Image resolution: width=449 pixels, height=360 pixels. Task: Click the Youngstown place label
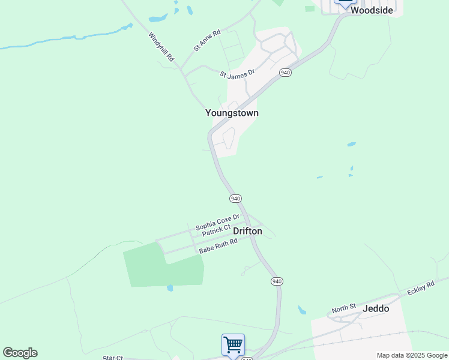(232, 113)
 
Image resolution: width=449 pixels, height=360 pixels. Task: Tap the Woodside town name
(372, 10)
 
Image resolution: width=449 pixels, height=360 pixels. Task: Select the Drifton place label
(247, 231)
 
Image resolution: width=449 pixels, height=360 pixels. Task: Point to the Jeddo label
(376, 308)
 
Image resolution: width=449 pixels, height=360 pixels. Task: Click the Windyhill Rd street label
(161, 47)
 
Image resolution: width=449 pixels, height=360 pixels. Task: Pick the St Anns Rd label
(207, 40)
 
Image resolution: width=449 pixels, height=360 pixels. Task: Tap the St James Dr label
(237, 75)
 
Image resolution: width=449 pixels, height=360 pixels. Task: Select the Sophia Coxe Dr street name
(217, 222)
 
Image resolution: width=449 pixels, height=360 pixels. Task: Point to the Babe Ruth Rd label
(218, 246)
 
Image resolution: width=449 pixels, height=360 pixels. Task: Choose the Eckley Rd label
(420, 288)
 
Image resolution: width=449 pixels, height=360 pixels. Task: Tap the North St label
(344, 309)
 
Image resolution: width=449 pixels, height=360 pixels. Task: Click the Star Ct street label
(112, 358)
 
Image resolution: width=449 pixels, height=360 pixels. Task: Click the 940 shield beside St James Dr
(285, 73)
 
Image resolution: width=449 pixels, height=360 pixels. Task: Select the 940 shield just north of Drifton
(235, 198)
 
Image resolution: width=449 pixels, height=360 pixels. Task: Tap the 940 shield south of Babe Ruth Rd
(276, 281)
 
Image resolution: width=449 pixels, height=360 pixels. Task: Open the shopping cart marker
(233, 345)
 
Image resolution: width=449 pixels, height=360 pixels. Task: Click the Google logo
(20, 353)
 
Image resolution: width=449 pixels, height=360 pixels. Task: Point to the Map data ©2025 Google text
(412, 355)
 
